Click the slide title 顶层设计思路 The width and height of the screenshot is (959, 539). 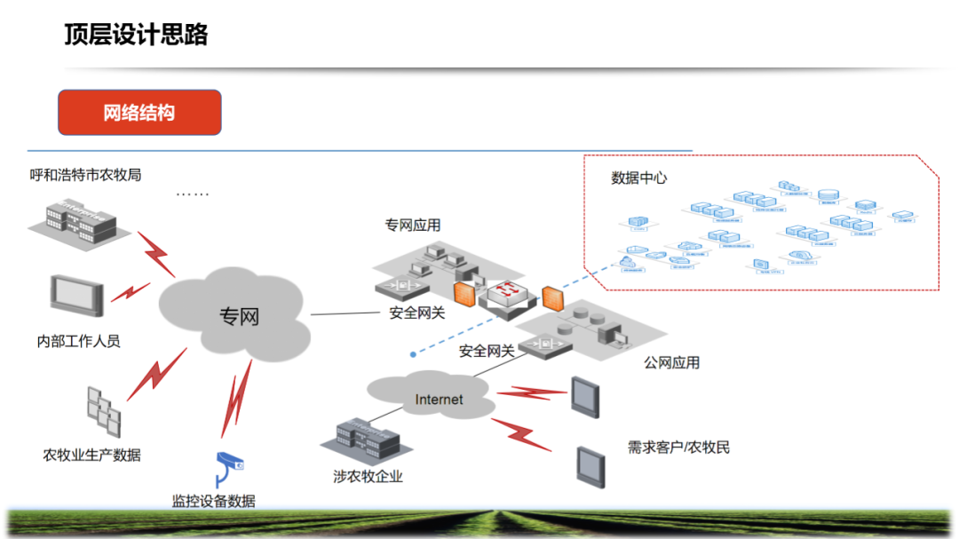point(136,35)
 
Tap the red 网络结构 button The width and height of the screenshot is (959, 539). point(139,113)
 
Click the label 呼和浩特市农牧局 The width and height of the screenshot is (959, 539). point(85,175)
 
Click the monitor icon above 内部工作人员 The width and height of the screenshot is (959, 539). point(76,296)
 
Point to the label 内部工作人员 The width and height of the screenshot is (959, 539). point(78,341)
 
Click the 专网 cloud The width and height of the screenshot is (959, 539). point(236,315)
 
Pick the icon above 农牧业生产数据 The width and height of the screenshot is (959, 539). point(103,410)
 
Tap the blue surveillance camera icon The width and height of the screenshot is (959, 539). point(229,465)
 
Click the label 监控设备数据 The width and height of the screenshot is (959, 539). point(213,501)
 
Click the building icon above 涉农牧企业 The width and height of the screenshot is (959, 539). point(364,437)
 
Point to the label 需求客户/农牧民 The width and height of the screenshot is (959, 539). point(678,448)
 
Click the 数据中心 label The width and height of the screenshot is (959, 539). point(638,178)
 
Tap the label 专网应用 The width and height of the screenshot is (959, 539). point(412,226)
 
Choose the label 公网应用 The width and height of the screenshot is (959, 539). point(671,362)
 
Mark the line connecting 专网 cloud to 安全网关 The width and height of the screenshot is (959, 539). point(346,313)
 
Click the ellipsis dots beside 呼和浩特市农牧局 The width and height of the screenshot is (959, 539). point(192,194)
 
